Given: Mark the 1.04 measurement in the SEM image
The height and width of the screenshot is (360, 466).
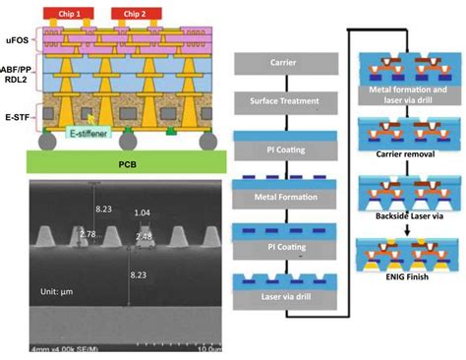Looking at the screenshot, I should click(144, 213).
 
